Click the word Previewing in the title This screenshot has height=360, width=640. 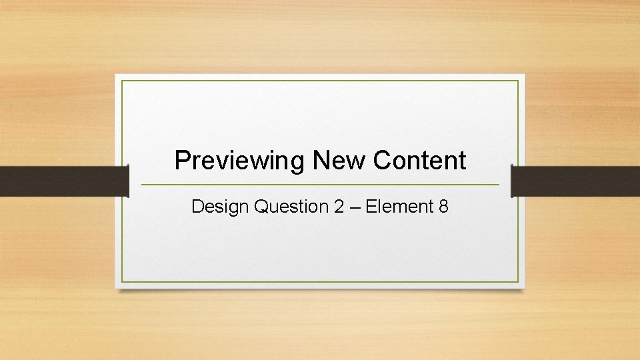(x=240, y=161)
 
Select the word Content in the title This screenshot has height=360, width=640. (x=419, y=161)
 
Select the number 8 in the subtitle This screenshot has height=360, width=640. (x=443, y=207)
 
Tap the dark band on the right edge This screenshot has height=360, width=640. (x=575, y=181)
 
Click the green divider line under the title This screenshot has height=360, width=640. (x=320, y=185)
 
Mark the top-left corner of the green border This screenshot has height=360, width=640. (x=122, y=81)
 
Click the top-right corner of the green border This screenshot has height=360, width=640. (x=518, y=81)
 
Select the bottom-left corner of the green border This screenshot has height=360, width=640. (x=122, y=281)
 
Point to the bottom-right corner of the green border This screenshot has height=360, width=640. (x=518, y=281)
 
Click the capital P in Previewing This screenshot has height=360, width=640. (x=181, y=161)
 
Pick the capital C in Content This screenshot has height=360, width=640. (x=382, y=161)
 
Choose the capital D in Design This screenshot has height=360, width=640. (x=197, y=207)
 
